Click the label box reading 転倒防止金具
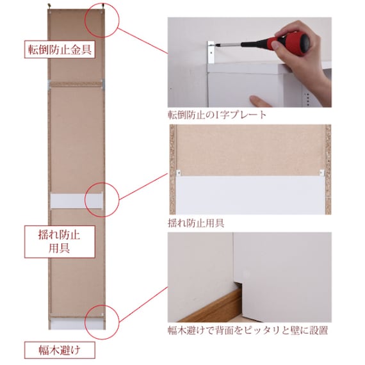pos(60,49)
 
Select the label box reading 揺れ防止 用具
pos(60,241)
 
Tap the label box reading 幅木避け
pos(60,350)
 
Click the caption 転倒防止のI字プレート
pos(217,115)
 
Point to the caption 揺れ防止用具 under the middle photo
pos(196,223)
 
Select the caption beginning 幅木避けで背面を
pos(248,330)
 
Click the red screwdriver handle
pos(291,43)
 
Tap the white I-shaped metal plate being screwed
pos(211,52)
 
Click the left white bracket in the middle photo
pos(179,172)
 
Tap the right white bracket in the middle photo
pos(321,172)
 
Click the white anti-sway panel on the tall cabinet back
pos(77,200)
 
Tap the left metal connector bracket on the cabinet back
pos(49,85)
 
